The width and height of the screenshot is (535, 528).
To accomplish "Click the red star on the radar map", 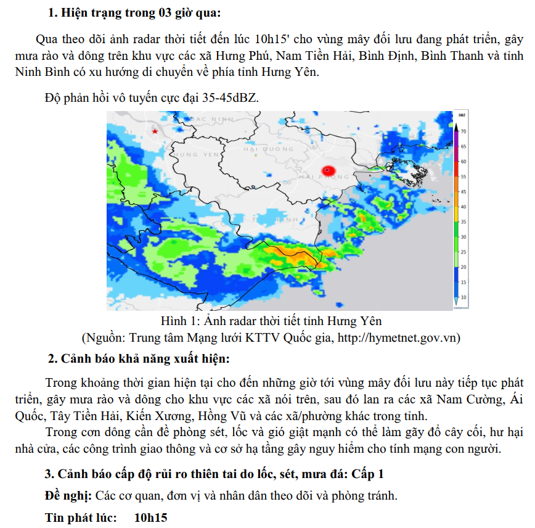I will point(155,131).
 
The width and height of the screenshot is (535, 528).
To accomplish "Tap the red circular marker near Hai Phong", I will point(328,170).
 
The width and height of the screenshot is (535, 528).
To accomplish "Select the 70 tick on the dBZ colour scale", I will point(464,132).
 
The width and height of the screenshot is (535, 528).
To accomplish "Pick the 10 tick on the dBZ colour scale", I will point(464,297).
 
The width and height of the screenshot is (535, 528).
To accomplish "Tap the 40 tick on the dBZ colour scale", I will point(464,207).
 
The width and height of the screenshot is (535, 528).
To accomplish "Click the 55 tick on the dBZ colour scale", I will point(464,176).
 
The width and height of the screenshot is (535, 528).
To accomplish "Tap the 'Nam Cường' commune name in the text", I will point(473,398).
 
